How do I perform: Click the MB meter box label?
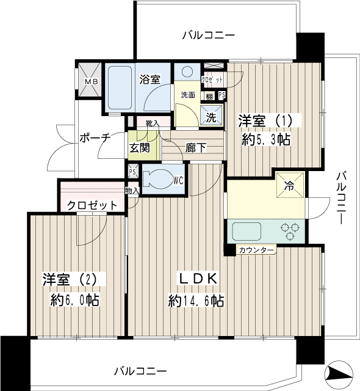pos(92,81)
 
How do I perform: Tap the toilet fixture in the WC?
pos(159,178)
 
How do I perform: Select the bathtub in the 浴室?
pos(120,87)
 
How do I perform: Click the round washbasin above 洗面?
pos(187,72)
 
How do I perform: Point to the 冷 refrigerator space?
pos(290,185)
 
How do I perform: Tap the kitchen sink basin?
pos(247,232)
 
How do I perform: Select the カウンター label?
pos(256,250)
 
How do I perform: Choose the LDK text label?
pos(198,279)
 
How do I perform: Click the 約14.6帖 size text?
pos(196,301)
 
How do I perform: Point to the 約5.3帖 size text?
pos(266,140)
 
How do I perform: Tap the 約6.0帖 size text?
pos(74,300)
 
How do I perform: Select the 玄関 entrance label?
pos(139,148)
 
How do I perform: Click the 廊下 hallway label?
pos(196,148)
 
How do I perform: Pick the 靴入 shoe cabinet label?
pos(153,123)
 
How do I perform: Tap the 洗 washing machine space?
pos(211,117)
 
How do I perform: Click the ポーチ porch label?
pos(95,137)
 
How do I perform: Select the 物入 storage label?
pos(132,191)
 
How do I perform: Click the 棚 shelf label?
pos(209,96)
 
